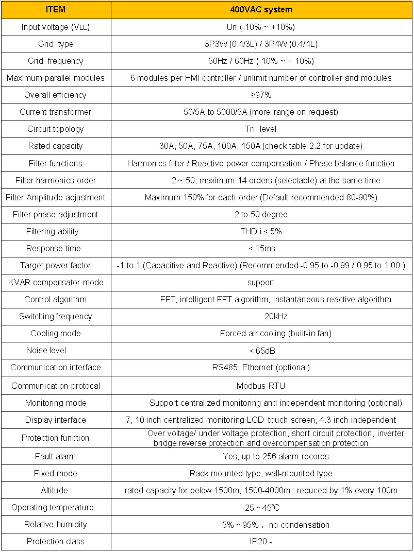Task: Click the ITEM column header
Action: pos(55,10)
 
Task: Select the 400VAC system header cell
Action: pos(261,10)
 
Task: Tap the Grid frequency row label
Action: pos(55,61)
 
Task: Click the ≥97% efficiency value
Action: pos(261,95)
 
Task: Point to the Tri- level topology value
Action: pos(261,129)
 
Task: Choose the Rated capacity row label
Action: pos(55,146)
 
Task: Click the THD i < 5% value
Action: pos(261,231)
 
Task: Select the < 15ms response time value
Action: pos(261,248)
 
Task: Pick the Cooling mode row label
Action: pos(55,333)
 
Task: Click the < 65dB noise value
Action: pos(261,350)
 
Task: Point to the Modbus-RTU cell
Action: pos(261,386)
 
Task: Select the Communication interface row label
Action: pos(55,367)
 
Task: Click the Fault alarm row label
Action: pos(55,456)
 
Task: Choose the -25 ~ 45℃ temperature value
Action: pos(261,507)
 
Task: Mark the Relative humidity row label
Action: pos(55,524)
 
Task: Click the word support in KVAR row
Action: pos(261,282)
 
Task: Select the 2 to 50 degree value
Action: pos(261,214)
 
